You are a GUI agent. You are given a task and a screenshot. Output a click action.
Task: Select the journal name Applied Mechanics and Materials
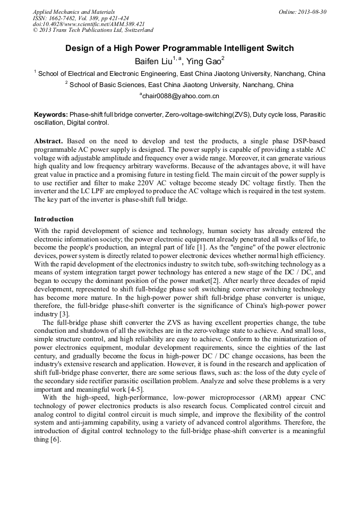click(73, 12)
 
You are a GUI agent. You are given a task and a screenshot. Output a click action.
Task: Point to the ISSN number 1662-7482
click(64, 18)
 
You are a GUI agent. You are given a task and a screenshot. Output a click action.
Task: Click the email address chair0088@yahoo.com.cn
click(179, 96)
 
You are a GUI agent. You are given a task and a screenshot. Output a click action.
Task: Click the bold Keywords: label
click(51, 115)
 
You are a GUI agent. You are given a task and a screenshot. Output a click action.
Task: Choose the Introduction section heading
click(54, 219)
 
